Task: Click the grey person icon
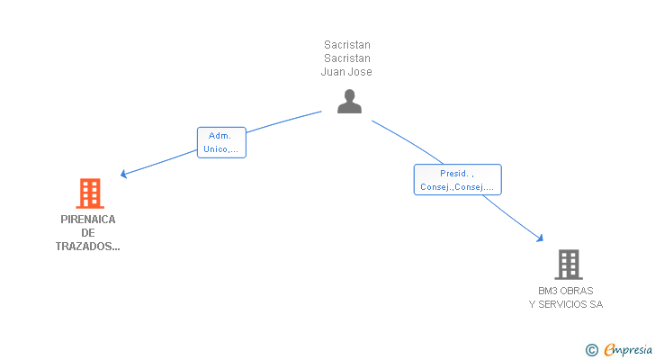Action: point(349,102)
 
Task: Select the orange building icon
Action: point(89,193)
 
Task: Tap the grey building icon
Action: point(568,265)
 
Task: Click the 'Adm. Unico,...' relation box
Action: point(221,142)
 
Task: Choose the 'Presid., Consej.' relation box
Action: point(457,180)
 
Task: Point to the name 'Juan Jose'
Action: point(346,72)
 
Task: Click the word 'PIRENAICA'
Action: point(88,219)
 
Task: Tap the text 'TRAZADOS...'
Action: point(88,247)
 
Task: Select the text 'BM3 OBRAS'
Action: point(566,291)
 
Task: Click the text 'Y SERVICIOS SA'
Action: point(566,304)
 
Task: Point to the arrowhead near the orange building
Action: point(123,175)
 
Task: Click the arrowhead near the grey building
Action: point(541,238)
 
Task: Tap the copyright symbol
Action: point(592,350)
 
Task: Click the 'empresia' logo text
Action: point(628,349)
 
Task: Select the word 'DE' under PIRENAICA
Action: point(88,233)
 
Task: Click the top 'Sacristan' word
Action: point(347,44)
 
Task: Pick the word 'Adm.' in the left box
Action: point(220,136)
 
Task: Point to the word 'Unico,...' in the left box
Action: point(221,149)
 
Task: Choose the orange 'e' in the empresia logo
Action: point(609,350)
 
